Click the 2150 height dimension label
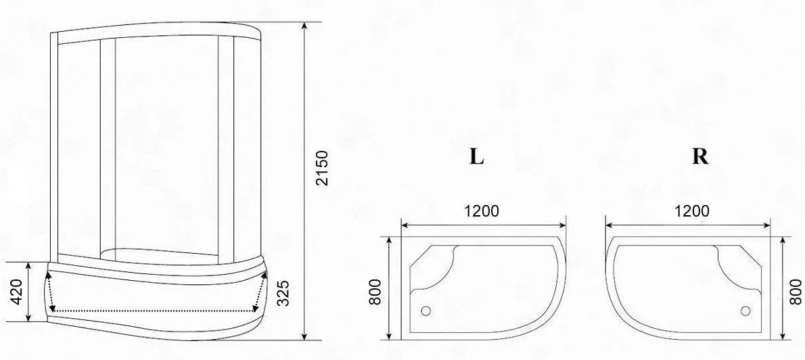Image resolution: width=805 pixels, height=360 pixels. click(x=321, y=168)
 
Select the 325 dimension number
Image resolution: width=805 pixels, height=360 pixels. click(x=283, y=293)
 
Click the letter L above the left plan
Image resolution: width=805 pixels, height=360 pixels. click(x=476, y=156)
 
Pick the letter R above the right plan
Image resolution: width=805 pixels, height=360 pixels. click(x=700, y=156)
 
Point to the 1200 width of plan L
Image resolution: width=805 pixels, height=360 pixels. click(x=482, y=211)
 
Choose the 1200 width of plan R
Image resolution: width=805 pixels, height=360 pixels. click(x=691, y=211)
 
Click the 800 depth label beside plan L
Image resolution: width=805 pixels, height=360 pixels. click(x=376, y=292)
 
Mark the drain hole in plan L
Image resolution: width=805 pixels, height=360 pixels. click(x=425, y=310)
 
